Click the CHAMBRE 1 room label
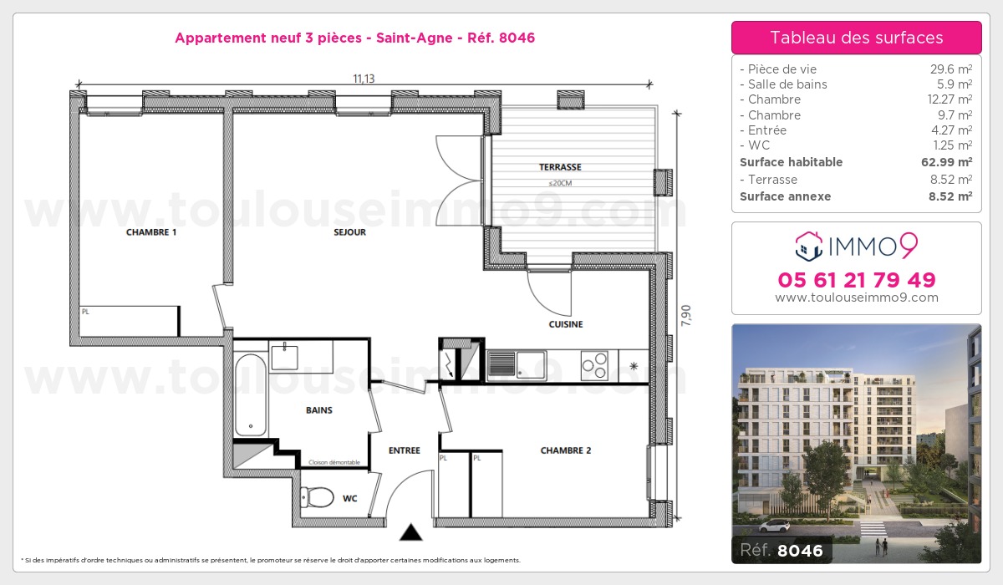(150, 232)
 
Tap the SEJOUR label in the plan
(350, 232)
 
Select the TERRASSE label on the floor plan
(560, 167)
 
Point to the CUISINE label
(566, 324)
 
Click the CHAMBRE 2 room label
(565, 450)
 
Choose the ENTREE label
(404, 450)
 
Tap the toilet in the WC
(318, 498)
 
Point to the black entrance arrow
(410, 532)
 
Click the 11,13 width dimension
(363, 79)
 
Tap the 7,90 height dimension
(686, 316)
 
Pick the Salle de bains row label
(787, 84)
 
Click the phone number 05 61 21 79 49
(856, 280)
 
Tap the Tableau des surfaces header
(856, 38)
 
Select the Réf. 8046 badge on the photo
(782, 551)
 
